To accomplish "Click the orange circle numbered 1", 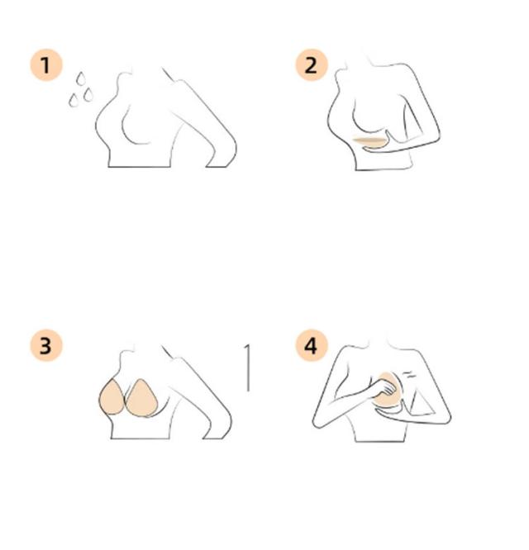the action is coord(46,65).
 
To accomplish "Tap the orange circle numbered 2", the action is coord(312,65).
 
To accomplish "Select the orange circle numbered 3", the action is coord(46,345).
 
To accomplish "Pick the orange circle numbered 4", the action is coord(312,345).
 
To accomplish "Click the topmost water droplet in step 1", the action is coord(81,78).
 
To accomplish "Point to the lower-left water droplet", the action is coord(74,100).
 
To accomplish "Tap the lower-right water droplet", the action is coord(88,95).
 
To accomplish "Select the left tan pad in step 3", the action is coord(112,397).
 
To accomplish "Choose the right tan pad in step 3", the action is coord(141,398).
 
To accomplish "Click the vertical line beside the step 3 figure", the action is coord(248,367).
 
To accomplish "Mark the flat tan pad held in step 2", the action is coord(369,142).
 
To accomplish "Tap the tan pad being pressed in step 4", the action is coord(385,390).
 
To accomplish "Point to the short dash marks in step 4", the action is coord(408,375).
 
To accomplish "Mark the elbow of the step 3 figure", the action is coord(222,426).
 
